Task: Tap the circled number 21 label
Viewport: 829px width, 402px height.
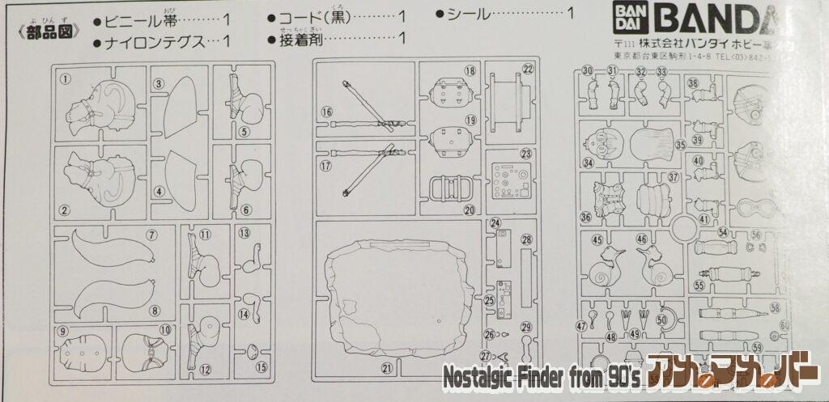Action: (x=387, y=368)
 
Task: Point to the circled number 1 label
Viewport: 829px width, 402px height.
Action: (x=66, y=78)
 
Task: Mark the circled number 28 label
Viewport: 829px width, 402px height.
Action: (x=526, y=239)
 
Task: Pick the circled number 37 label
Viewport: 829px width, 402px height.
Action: (x=673, y=176)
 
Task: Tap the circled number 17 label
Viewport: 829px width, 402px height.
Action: (x=326, y=167)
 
